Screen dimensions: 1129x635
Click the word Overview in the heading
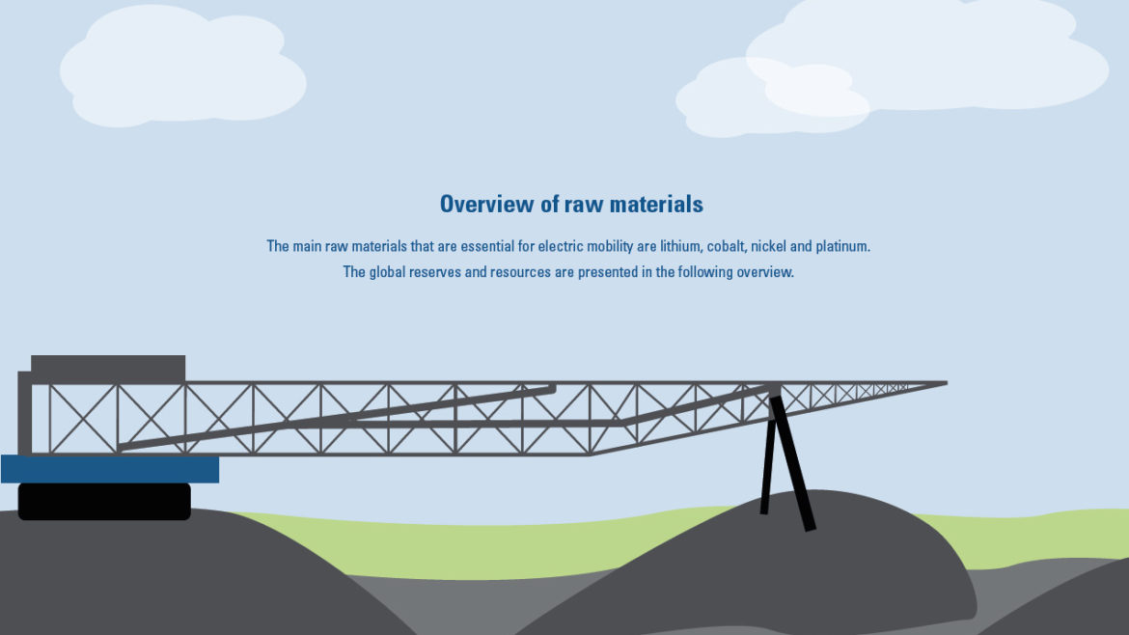pyautogui.click(x=487, y=204)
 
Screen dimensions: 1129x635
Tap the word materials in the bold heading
pyautogui.click(x=656, y=204)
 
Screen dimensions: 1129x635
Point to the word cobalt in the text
pyautogui.click(x=727, y=246)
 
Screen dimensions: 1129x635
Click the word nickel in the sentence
pyautogui.click(x=768, y=246)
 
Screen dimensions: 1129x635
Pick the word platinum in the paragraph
pyautogui.click(x=842, y=246)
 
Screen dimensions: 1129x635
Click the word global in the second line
pyautogui.click(x=387, y=272)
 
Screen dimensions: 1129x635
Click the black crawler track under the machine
pyautogui.click(x=104, y=501)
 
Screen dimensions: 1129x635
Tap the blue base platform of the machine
pyautogui.click(x=110, y=469)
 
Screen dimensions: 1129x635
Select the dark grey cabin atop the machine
pyautogui.click(x=108, y=369)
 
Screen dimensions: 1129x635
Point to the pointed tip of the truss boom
pyautogui.click(x=947, y=384)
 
